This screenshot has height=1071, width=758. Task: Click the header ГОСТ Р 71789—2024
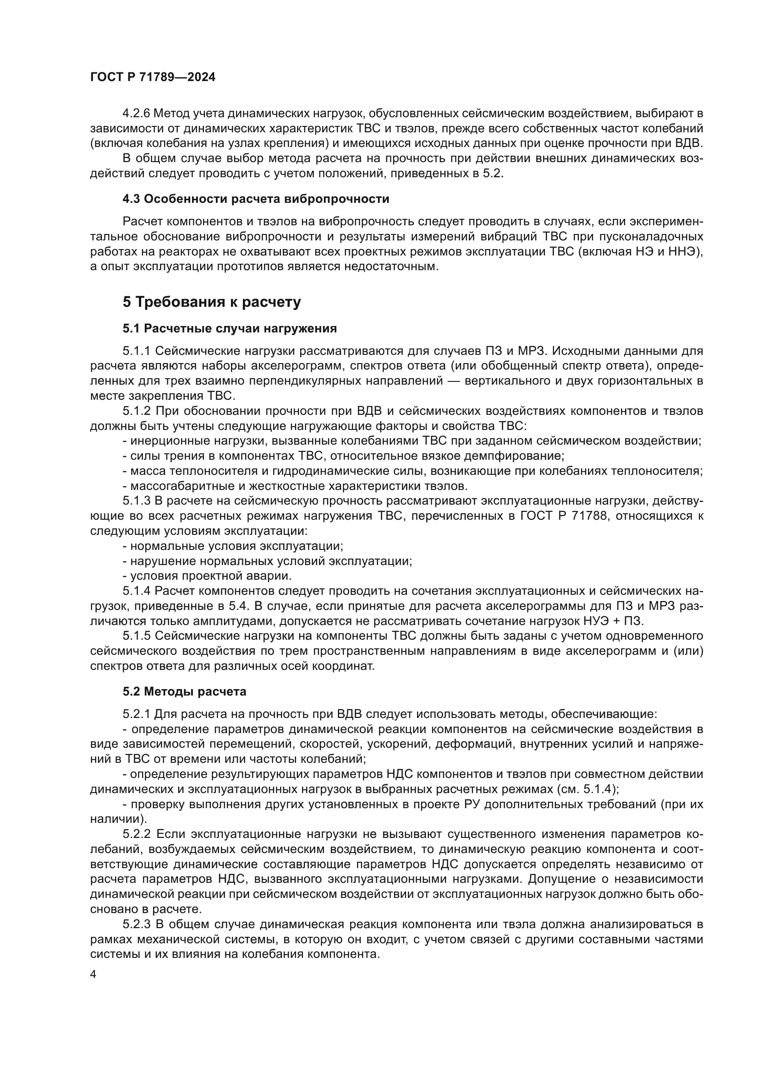tap(153, 77)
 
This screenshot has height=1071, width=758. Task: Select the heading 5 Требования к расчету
tap(212, 302)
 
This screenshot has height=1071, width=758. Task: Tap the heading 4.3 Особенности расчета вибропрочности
tap(256, 199)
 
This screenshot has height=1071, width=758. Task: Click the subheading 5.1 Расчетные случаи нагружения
tap(230, 329)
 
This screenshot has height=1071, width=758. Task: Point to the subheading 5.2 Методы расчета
tap(184, 692)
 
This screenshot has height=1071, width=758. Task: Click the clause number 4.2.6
tap(136, 114)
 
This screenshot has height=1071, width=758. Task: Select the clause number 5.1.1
tap(137, 351)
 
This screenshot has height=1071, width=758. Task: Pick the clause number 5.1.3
tap(137, 501)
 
